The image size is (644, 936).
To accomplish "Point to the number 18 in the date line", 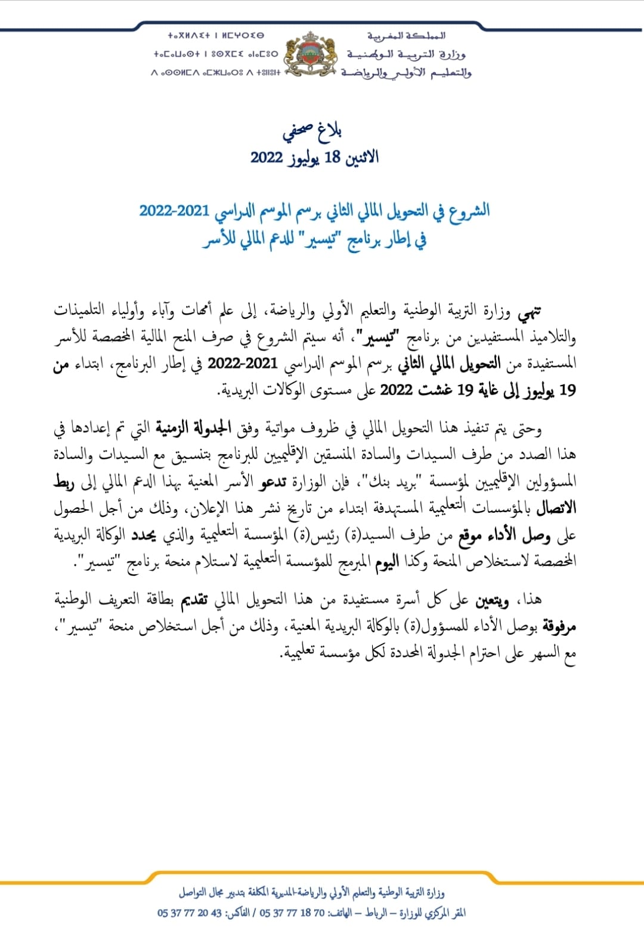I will tap(332, 157).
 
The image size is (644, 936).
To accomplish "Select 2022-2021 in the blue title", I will tap(174, 211).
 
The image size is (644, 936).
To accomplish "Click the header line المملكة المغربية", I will tap(406, 36).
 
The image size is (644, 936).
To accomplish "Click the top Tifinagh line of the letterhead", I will tap(215, 36).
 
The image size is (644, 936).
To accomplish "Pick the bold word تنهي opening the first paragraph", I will tap(530, 312).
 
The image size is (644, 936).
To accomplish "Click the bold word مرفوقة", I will tap(559, 627).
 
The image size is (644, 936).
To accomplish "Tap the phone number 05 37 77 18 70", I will tap(292, 913).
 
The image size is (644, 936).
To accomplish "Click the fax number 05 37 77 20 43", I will tap(190, 913).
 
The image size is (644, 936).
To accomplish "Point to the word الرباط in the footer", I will tap(376, 913).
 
